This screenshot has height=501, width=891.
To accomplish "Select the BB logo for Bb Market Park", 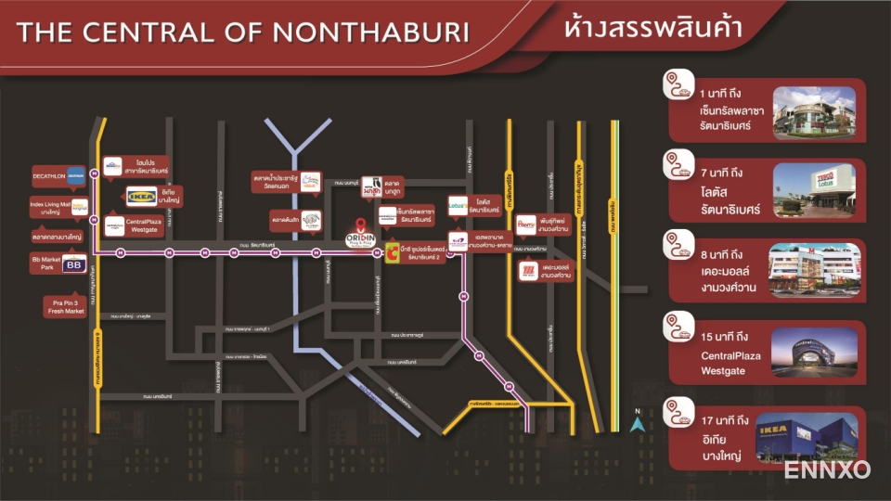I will click(72, 266).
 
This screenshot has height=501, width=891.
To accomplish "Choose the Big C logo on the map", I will click(394, 251).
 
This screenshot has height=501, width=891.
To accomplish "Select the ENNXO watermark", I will click(827, 469).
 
